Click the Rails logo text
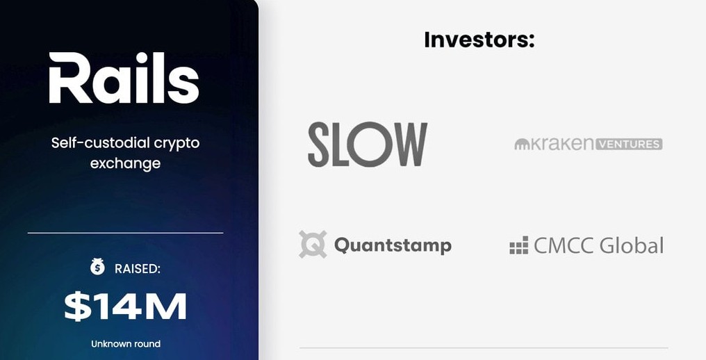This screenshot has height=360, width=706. [124, 78]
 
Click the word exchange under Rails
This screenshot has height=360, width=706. [125, 163]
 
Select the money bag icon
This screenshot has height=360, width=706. [97, 267]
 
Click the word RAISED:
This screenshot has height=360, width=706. [138, 269]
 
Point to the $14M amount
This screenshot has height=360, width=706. [125, 306]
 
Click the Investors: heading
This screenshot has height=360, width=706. [479, 40]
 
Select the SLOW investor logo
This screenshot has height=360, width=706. [368, 145]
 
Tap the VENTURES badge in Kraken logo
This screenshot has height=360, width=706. [629, 145]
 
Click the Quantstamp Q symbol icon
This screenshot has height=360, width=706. [313, 244]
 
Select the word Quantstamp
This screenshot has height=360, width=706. [393, 245]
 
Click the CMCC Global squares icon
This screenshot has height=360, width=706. [518, 245]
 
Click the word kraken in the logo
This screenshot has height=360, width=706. [561, 144]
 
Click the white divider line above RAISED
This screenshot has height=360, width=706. [125, 233]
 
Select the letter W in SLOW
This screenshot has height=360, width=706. [409, 145]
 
